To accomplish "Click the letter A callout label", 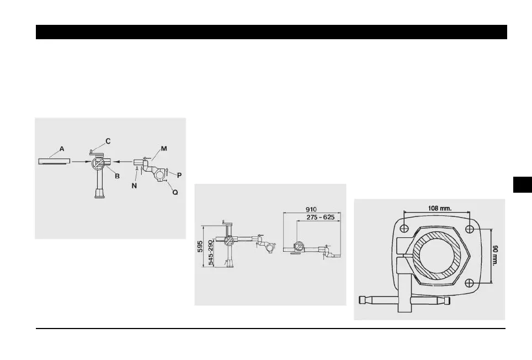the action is tap(62, 149).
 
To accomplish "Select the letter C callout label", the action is tap(108, 141).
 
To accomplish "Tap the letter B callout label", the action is tap(117, 176).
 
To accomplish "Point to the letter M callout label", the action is tap(164, 148).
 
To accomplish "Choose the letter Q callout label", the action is tap(175, 193).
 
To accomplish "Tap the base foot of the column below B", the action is tap(100, 194).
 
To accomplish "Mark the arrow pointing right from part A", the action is tap(80, 162).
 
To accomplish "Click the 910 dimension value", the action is tap(312, 210).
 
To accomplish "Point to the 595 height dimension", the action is tap(201, 246).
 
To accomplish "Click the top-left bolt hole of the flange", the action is tap(405, 229).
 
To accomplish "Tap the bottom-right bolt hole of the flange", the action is tap(469, 283).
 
